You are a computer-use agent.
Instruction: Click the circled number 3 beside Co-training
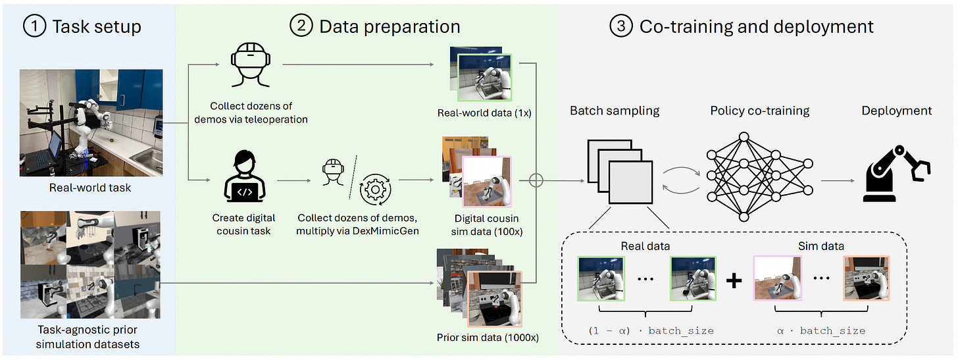coord(621,27)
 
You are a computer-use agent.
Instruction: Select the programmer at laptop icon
coord(244,178)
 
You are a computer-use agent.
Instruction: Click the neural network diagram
coord(744,177)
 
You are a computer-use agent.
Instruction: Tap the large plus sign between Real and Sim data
coord(734,280)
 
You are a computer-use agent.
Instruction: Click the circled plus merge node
coord(536,179)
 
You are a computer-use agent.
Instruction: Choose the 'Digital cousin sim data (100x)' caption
coord(487,224)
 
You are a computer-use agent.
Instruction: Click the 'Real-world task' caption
coord(90,188)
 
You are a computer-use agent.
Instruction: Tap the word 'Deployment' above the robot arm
coord(896,111)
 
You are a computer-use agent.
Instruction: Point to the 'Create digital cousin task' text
coord(243,224)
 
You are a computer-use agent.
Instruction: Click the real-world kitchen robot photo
coord(91,123)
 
